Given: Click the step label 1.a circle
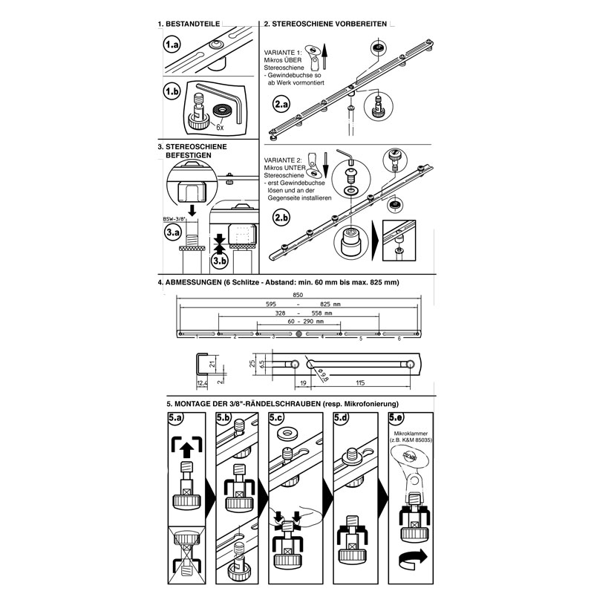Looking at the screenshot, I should click(173, 45).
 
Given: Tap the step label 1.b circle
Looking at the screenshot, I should click(173, 92).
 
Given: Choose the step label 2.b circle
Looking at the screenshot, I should click(281, 218).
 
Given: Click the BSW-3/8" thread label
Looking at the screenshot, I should click(173, 220).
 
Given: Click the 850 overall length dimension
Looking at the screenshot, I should click(298, 296).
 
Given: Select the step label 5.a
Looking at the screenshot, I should click(176, 419).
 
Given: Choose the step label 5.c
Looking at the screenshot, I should click(277, 419).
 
